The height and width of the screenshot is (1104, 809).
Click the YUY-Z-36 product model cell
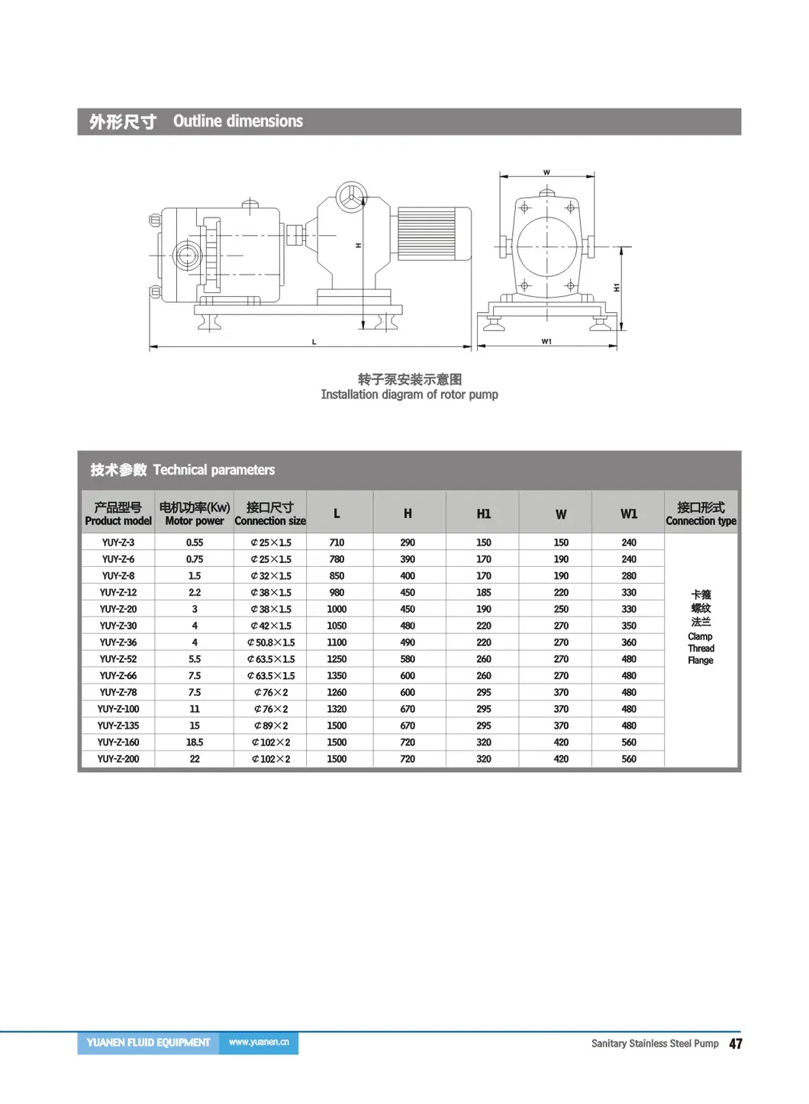click(x=118, y=642)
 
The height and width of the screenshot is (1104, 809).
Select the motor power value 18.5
click(x=195, y=742)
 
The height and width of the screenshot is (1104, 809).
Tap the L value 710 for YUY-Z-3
click(x=337, y=542)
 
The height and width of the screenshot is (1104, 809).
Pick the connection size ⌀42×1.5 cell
click(x=271, y=626)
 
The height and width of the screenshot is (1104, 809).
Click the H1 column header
click(x=484, y=513)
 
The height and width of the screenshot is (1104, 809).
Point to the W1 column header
click(x=629, y=513)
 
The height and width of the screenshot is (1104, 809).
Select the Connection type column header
click(x=701, y=513)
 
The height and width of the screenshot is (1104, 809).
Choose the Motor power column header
click(x=195, y=513)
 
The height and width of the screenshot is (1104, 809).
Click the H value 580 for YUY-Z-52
click(x=408, y=659)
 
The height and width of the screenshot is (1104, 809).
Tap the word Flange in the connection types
click(x=701, y=661)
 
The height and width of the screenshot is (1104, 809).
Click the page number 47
click(x=735, y=1044)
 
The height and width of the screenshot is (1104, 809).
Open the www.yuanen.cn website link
click(x=259, y=1042)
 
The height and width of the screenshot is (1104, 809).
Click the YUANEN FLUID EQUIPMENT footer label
click(x=148, y=1042)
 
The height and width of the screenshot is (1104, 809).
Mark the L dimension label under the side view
click(x=314, y=342)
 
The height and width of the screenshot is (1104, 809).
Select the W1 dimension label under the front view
click(x=546, y=341)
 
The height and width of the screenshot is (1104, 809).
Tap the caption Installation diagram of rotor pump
click(x=409, y=394)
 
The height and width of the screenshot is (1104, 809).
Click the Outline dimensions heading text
click(x=237, y=121)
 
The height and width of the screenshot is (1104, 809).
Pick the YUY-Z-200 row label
click(x=118, y=759)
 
